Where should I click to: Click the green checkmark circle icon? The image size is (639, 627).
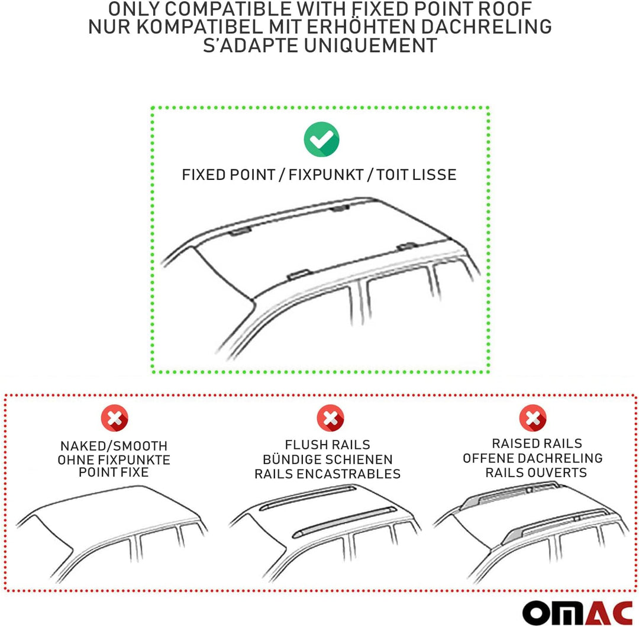pos(321,140)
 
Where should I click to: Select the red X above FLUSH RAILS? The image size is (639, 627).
pos(330,419)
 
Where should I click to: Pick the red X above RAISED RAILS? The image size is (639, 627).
pos(532,419)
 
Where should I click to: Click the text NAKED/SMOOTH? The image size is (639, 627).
pos(114,446)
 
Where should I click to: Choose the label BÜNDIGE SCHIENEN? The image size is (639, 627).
pos(328,459)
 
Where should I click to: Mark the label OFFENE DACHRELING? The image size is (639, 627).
pos(532,458)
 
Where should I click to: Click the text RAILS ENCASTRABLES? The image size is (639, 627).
pos(328,474)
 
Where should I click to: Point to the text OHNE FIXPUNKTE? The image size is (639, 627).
pos(114,459)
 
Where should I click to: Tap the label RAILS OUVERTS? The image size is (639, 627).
pos(535,472)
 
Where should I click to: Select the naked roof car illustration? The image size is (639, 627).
pos(112,527)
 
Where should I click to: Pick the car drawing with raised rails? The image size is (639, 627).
pos(532,527)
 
